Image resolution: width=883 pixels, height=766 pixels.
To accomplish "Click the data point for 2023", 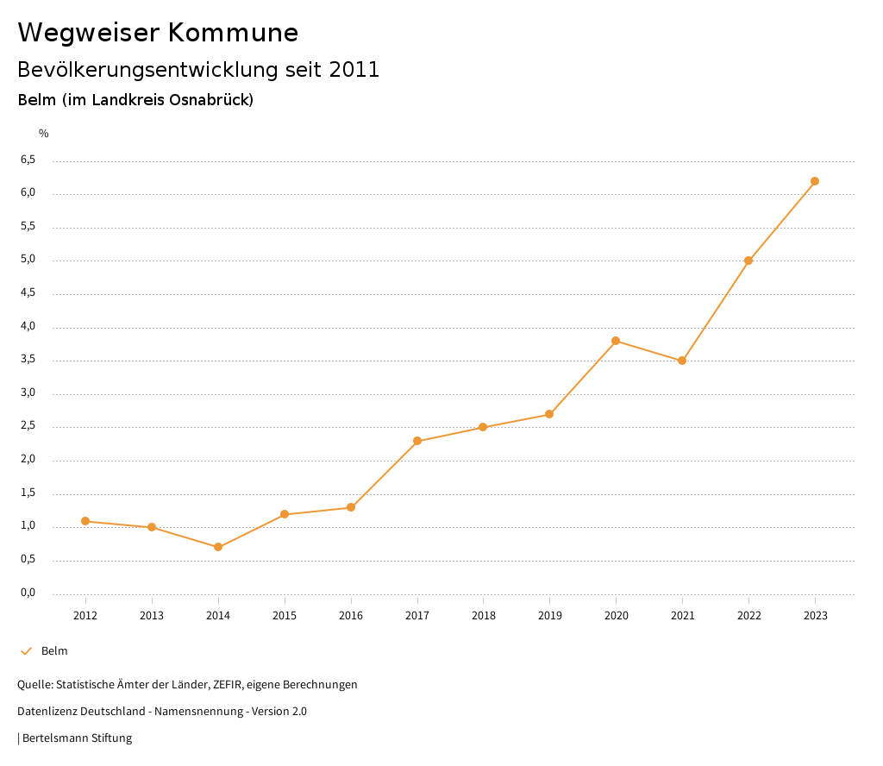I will pos(815,181).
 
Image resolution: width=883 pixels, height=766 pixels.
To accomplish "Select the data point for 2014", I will pos(218,547).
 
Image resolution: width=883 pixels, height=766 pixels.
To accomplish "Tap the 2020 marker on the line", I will pos(616,341).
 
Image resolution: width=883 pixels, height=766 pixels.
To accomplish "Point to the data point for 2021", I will pos(682,361).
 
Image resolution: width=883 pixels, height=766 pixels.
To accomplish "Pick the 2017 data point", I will pos(417,441).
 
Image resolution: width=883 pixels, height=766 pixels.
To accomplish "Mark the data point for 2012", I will pos(85,521).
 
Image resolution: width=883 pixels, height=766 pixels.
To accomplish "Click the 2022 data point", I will pos(748,261).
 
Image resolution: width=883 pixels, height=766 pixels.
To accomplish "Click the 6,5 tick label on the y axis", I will pos(28,160).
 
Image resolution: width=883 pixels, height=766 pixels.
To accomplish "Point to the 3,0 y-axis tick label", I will pos(28,392).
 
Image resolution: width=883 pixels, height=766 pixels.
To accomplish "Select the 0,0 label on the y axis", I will pos(28,593).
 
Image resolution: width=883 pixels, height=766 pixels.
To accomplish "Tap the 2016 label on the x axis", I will pos(351,615).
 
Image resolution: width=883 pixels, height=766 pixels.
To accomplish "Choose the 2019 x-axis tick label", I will pos(549,615).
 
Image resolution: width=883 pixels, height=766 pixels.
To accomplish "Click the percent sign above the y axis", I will pos(44,134).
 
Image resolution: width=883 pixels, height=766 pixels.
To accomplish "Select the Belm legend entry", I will pos(53,651).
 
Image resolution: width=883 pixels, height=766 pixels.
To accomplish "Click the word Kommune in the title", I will pos(233,33).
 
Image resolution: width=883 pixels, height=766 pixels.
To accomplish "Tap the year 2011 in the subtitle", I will pos(354,70).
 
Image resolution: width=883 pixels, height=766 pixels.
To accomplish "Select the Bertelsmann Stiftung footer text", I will pos(77,738).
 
